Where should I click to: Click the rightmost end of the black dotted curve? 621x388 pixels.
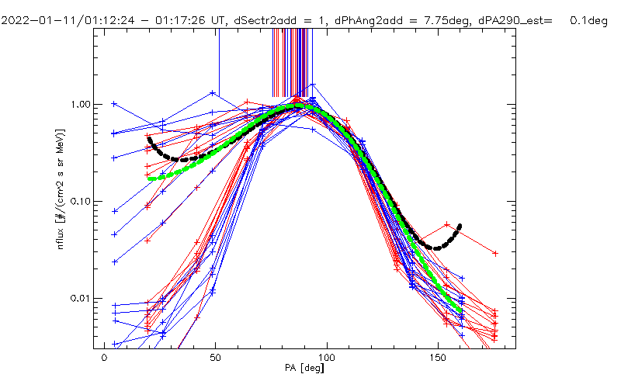click(460, 227)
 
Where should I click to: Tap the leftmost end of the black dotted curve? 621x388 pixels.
click(149, 139)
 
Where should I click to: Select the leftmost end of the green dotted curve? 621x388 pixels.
click(150, 178)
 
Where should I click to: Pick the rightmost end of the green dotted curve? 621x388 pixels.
click(460, 311)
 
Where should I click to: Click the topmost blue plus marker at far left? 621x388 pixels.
click(115, 103)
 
